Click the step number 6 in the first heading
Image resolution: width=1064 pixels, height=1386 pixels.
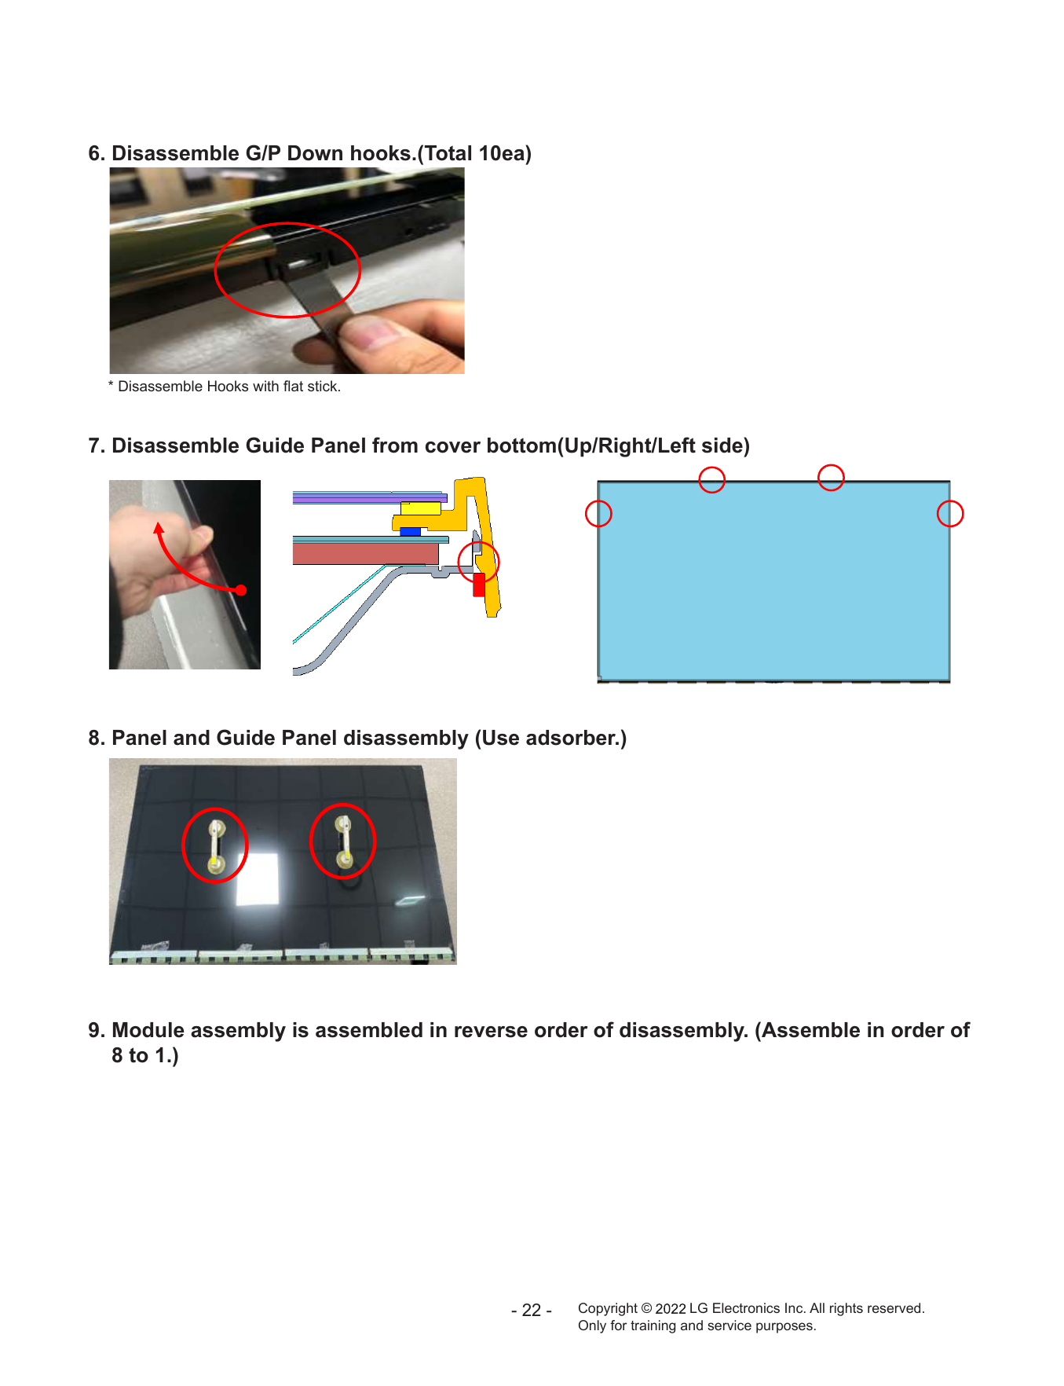[95, 153]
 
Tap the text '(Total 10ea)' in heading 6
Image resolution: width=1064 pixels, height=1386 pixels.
[474, 153]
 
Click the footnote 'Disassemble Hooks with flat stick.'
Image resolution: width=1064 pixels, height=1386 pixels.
[229, 387]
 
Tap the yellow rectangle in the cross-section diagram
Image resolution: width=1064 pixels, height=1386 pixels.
[420, 508]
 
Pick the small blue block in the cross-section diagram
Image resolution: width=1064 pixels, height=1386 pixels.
[410, 532]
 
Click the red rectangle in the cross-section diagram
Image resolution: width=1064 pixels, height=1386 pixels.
[479, 585]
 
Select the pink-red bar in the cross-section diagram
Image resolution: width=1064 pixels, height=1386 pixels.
[365, 554]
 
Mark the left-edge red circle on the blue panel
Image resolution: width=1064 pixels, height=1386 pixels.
[598, 514]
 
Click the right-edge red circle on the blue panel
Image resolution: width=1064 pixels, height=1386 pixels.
[950, 514]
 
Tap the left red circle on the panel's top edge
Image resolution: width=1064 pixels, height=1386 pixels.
[711, 479]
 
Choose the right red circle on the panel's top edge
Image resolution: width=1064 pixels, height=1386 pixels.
[831, 478]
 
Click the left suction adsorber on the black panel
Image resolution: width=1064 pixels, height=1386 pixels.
[216, 845]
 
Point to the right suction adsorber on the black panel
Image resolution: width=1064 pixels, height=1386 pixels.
[343, 841]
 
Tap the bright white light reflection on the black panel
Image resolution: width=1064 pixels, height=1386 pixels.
[258, 879]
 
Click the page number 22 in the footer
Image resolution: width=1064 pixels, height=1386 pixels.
[532, 1311]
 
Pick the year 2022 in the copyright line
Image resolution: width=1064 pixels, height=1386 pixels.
[671, 1309]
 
